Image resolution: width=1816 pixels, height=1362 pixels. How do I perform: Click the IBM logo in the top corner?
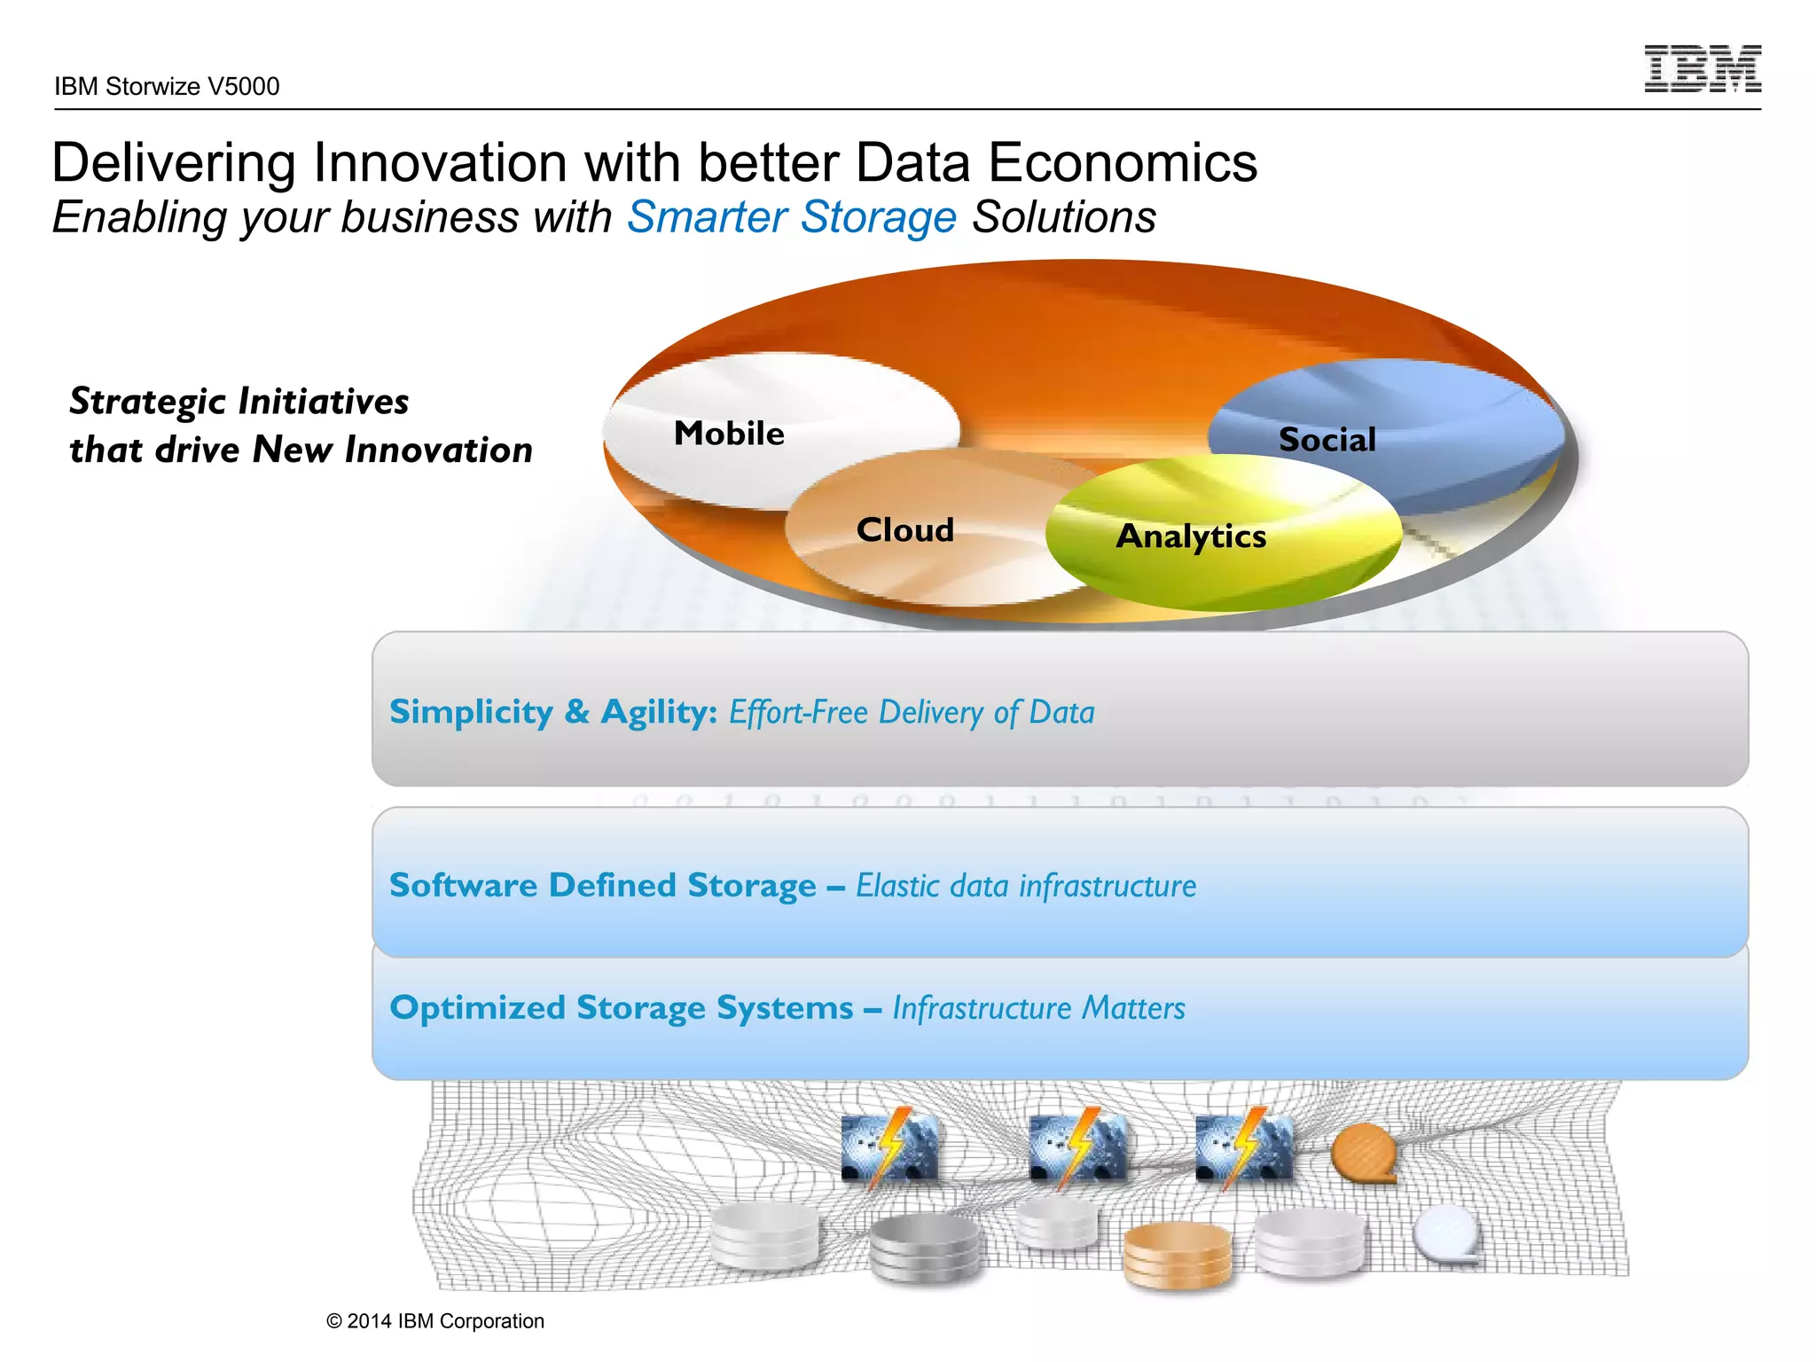pos(1702,69)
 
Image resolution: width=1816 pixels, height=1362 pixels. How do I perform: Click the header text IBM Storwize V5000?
pos(167,87)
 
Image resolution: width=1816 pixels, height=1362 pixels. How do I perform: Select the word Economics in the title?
pos(1122,163)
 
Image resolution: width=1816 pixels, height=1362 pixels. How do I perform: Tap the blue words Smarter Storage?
pos(791,217)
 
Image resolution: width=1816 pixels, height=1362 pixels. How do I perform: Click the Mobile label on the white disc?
pos(729,434)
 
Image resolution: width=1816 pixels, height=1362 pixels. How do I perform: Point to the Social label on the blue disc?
pos(1327,440)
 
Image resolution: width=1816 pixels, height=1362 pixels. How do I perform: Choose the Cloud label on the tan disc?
pos(904,530)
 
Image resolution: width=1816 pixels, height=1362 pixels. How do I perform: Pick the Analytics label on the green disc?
pos(1191,536)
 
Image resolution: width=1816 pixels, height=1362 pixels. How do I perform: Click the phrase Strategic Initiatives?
pos(239,402)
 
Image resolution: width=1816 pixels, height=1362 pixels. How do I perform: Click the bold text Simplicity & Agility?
pos(553,712)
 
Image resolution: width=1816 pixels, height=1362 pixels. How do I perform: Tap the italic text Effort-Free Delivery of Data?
pos(912,712)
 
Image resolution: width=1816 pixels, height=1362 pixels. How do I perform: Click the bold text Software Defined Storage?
pos(603,886)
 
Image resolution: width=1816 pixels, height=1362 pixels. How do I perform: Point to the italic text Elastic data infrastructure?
pos(1026,886)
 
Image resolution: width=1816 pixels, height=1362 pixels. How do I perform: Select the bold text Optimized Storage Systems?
pos(622,1008)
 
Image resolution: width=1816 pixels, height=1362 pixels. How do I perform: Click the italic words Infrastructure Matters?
pos(1038,1008)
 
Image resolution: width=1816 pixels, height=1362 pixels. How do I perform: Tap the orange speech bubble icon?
pos(1364,1152)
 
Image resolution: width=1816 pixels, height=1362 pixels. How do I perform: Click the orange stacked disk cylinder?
pos(1178,1254)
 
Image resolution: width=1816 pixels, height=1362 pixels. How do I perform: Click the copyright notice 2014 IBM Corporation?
pos(435,1321)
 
